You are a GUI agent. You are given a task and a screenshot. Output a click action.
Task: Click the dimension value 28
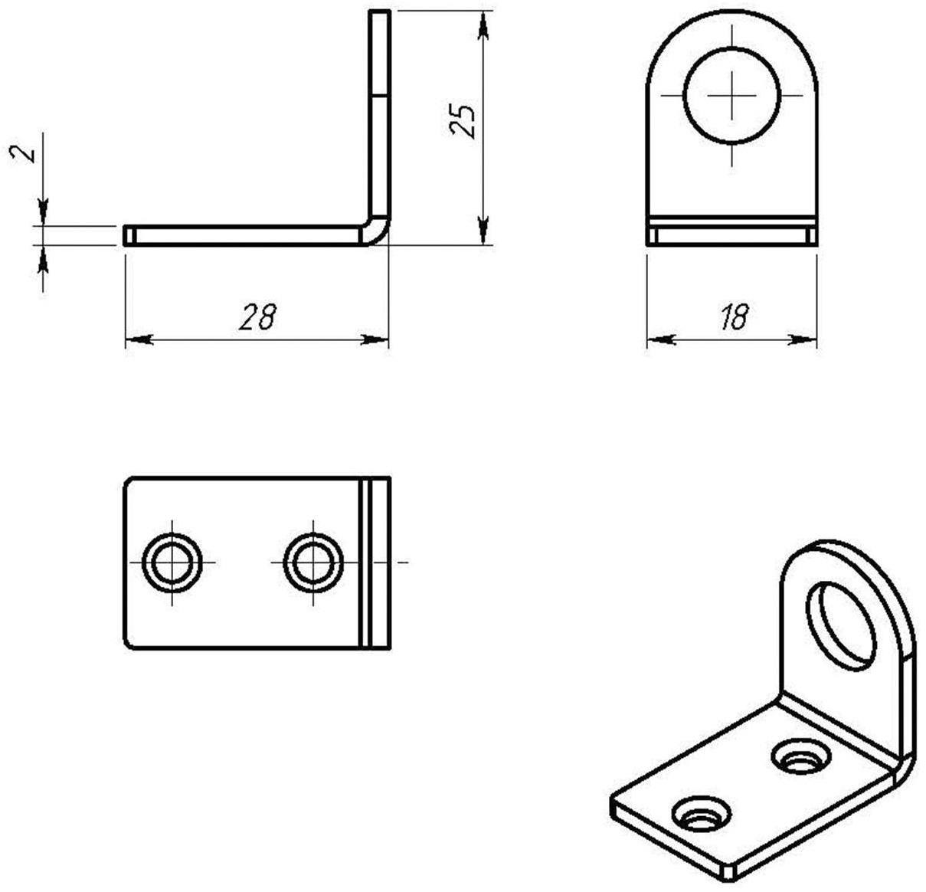pyautogui.click(x=257, y=316)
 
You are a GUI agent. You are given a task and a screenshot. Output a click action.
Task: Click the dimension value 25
pyautogui.click(x=463, y=120)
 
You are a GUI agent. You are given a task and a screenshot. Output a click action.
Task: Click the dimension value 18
pyautogui.click(x=733, y=316)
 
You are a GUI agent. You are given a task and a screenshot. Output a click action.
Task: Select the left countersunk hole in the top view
pyautogui.click(x=173, y=562)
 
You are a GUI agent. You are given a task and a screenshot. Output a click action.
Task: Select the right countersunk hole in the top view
pyautogui.click(x=312, y=562)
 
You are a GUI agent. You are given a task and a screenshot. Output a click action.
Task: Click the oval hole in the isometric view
pyautogui.click(x=840, y=625)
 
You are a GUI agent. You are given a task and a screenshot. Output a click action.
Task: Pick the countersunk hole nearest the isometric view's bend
pyautogui.click(x=801, y=756)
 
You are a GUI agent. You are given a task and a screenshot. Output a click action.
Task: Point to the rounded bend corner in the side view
pyautogui.click(x=377, y=231)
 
